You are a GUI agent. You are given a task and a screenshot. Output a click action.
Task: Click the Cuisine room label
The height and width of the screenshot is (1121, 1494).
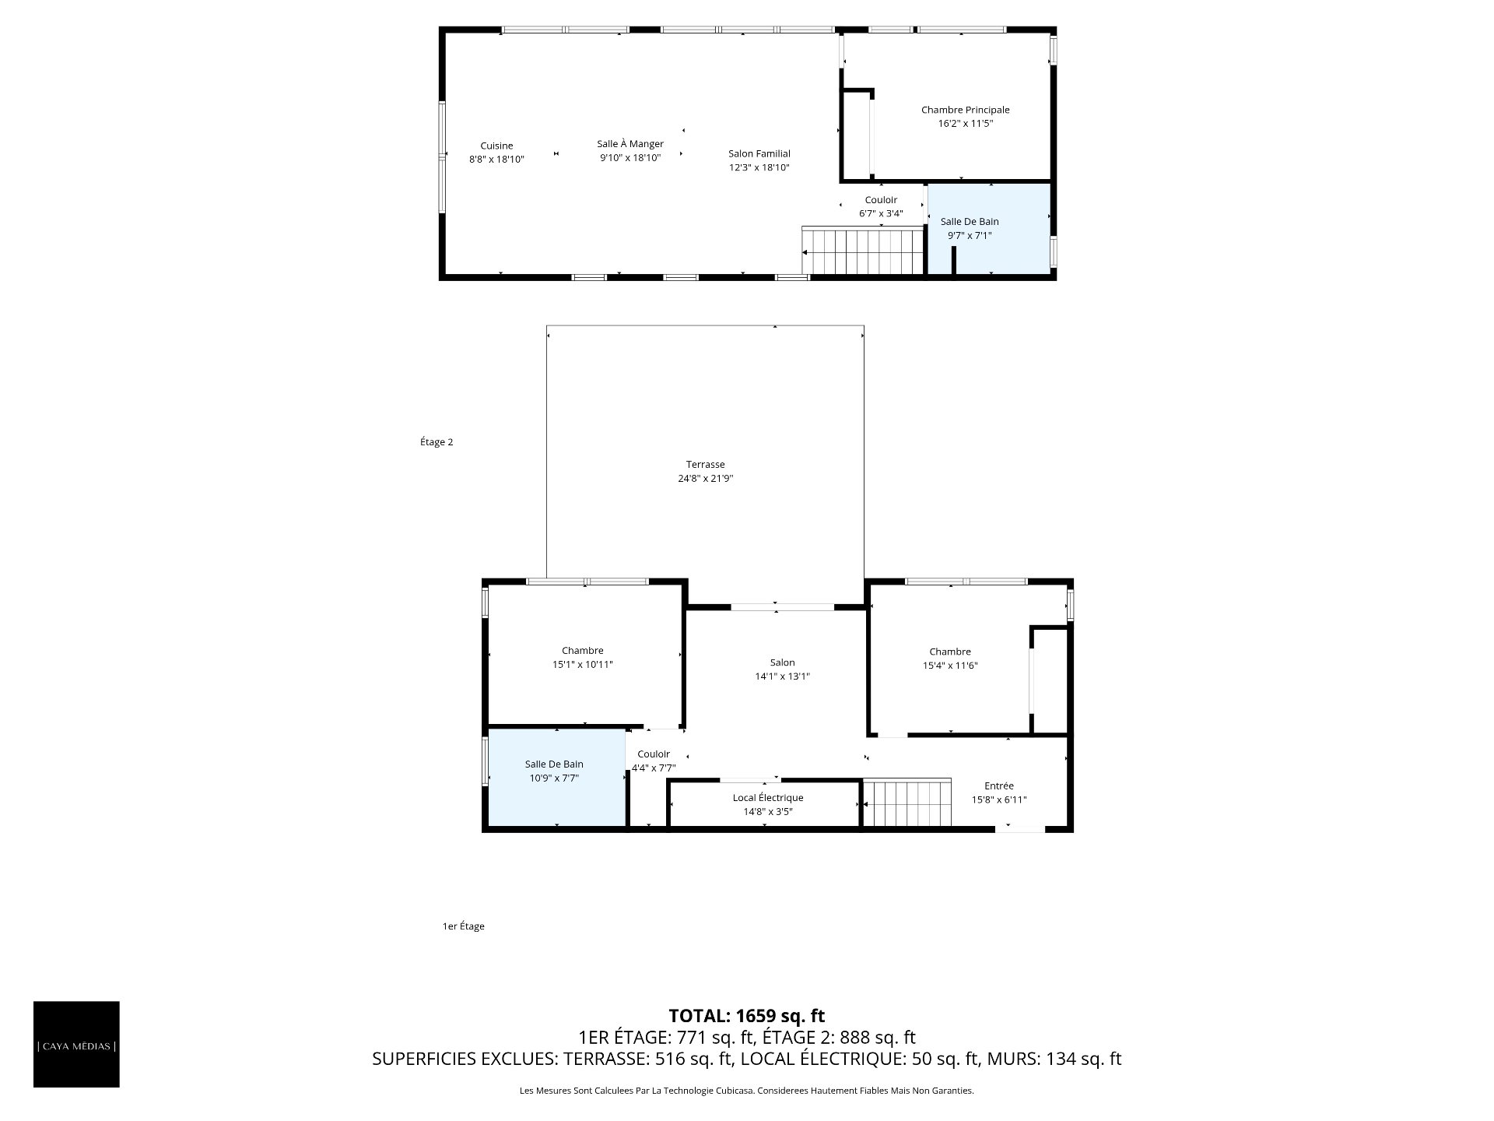496,146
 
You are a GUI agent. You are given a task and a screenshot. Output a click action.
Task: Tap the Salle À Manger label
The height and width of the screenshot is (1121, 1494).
630,144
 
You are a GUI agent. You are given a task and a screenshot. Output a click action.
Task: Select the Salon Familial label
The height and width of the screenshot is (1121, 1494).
759,154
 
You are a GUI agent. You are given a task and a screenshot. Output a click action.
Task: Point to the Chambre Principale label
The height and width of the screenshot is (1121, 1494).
965,111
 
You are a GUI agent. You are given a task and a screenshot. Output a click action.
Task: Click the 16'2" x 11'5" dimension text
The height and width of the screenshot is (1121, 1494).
965,124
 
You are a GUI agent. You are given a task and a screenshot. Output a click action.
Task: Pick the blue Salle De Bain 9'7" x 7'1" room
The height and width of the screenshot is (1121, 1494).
988,229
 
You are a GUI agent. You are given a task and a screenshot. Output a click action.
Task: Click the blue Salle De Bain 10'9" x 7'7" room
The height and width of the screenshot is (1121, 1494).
557,777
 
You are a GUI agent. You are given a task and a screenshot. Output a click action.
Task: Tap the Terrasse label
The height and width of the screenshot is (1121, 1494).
705,465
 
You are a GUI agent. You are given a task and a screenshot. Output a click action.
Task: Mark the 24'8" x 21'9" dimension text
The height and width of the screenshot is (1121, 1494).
705,479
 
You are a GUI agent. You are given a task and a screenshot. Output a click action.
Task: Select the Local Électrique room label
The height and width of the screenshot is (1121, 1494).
768,798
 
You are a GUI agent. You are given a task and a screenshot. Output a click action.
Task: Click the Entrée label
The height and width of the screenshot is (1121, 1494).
999,786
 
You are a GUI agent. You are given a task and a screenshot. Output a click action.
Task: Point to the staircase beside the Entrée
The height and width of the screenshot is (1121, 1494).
908,803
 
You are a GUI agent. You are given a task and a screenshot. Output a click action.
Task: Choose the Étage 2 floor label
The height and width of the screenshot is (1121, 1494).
437,442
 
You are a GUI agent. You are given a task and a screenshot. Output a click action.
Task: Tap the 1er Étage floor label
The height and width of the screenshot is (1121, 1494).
464,926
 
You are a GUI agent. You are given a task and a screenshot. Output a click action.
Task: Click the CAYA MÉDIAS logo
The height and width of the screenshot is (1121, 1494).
76,1044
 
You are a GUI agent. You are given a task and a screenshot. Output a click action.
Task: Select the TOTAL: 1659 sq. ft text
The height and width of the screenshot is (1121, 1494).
747,1016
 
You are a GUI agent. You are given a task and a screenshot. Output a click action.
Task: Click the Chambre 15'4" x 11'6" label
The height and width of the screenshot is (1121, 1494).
949,659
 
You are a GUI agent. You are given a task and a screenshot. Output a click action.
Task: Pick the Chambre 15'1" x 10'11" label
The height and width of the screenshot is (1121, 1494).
583,658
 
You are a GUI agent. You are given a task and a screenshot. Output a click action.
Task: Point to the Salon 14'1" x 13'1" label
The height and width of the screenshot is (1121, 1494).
782,670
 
